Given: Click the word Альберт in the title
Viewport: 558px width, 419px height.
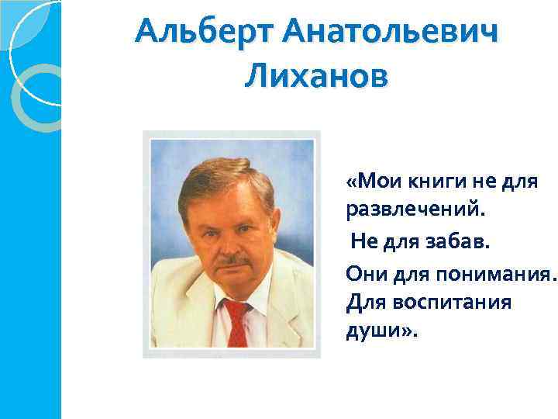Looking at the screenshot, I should [x=203, y=33].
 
